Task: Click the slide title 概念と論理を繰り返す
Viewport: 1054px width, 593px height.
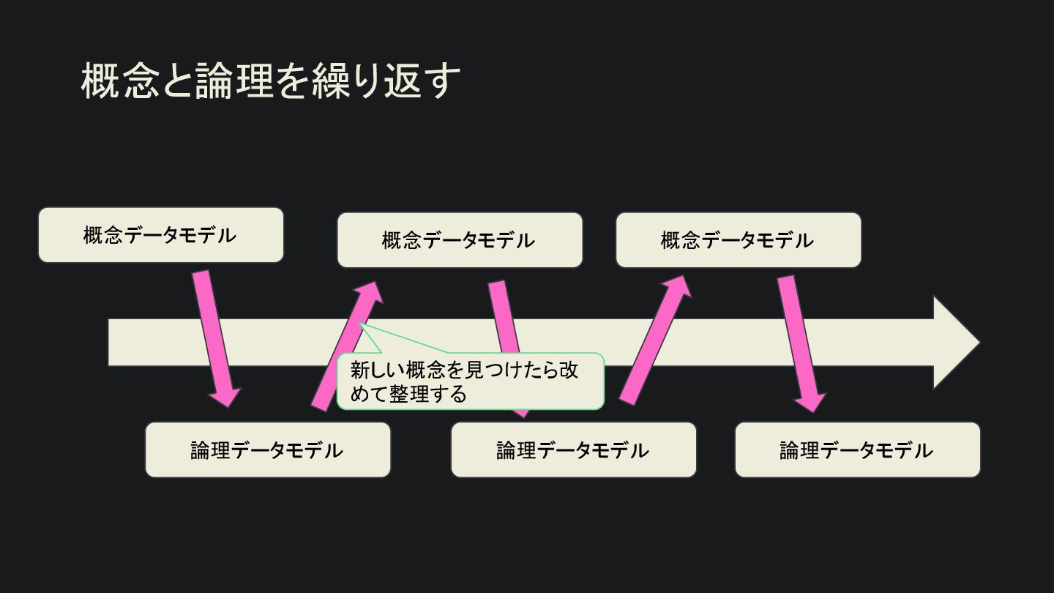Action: click(271, 81)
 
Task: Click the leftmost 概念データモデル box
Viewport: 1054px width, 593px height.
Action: click(160, 235)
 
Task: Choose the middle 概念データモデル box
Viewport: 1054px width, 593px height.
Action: click(459, 240)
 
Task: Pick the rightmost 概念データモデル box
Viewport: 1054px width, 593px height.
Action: click(738, 240)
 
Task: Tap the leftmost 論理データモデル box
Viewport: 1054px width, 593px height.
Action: click(267, 450)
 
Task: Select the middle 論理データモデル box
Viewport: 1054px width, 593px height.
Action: click(573, 450)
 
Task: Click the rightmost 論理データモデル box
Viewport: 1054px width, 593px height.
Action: click(857, 450)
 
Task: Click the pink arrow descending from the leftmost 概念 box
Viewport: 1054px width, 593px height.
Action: click(214, 337)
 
